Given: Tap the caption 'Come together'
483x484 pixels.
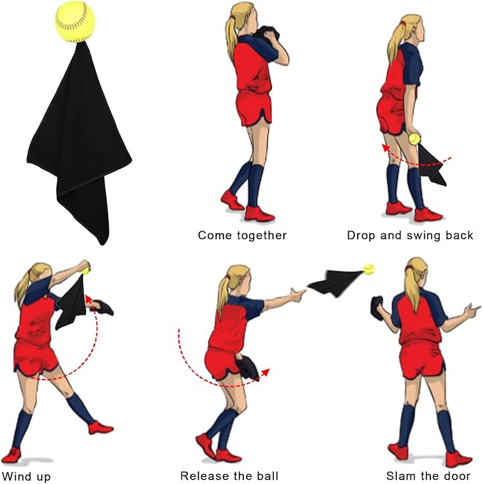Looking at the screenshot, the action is tap(242, 236).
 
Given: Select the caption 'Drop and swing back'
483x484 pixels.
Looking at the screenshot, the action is tap(410, 236).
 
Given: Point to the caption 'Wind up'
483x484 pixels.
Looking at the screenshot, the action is tap(26, 476).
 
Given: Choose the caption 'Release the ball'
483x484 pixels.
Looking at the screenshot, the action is tap(229, 475).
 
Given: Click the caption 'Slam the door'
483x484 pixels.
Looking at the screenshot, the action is tap(428, 475).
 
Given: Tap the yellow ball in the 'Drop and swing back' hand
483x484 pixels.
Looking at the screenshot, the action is tap(414, 139).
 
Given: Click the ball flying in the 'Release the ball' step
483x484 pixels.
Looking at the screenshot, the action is tap(369, 269).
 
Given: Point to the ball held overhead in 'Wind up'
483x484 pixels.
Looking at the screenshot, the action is tap(85, 271).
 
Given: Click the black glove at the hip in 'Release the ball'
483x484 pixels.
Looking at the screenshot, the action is tap(248, 368).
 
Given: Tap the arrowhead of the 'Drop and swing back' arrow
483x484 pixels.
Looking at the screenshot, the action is tap(385, 148).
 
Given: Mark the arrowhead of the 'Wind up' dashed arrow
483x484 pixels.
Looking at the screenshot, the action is tap(88, 298).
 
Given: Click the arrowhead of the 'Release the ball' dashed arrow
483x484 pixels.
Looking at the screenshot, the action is tap(265, 372).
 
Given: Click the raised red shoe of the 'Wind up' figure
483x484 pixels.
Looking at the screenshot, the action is tap(101, 428).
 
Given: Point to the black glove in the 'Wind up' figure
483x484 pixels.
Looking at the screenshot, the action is tap(102, 307).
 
